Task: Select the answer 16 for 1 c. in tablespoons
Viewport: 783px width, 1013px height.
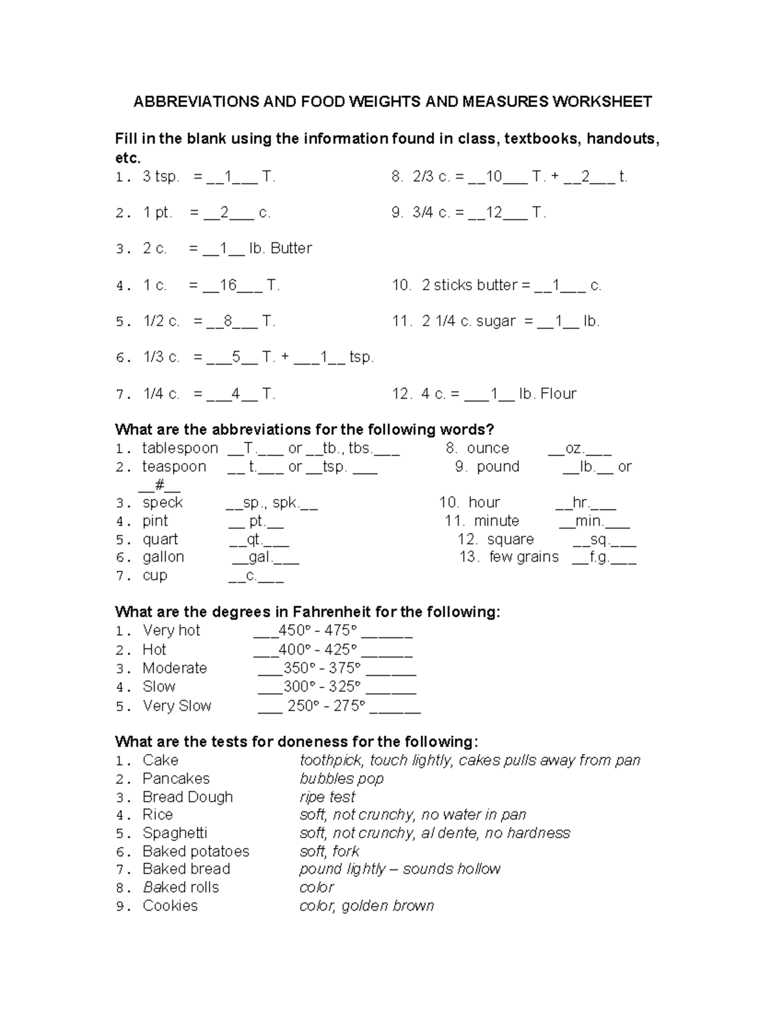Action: point(228,285)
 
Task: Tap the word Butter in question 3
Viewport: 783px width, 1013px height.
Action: point(291,249)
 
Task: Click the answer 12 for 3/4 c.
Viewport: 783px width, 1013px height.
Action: point(493,213)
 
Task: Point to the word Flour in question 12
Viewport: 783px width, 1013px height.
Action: point(558,394)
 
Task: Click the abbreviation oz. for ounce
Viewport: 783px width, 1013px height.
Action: point(574,449)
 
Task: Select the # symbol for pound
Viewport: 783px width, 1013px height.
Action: point(159,485)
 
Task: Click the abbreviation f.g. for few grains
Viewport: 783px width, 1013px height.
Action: point(599,558)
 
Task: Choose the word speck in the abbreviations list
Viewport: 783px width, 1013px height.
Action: point(162,503)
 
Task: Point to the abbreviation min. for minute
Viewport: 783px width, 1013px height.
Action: point(589,521)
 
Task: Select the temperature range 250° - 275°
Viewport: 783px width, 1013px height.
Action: point(326,706)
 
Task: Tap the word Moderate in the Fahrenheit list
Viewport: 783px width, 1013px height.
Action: point(174,669)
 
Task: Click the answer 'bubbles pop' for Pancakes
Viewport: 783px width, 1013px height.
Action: point(341,779)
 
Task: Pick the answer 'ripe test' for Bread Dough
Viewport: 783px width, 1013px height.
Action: point(327,797)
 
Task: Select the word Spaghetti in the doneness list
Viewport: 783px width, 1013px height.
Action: point(175,833)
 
